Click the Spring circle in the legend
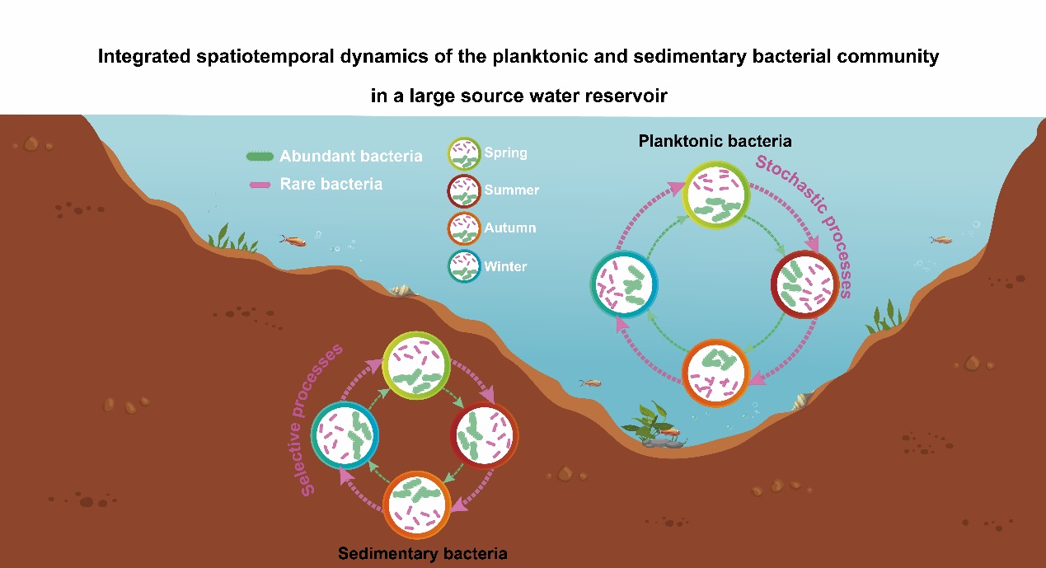[463, 154]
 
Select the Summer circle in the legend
[463, 190]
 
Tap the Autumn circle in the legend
[463, 228]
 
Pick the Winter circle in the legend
[463, 267]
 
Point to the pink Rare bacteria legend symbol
[261, 185]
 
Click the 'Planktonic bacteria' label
[715, 141]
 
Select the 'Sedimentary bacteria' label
[423, 552]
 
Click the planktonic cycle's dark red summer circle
[804, 285]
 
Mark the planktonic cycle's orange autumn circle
[717, 372]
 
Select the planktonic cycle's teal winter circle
[624, 286]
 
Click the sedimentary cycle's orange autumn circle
[416, 502]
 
